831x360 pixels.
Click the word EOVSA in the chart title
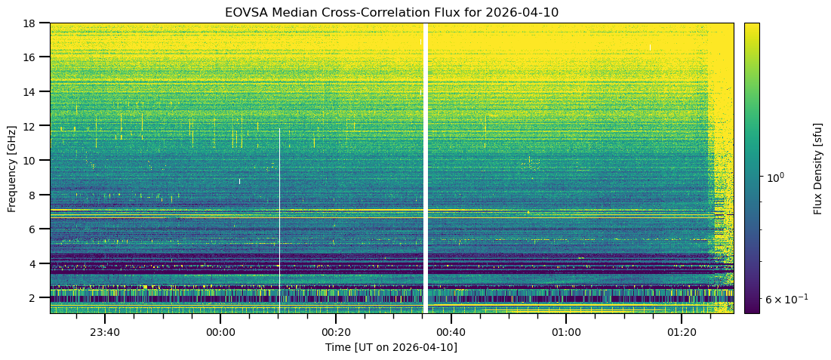point(242,12)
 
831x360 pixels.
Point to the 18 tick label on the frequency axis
point(33,23)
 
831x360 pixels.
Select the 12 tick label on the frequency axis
point(33,126)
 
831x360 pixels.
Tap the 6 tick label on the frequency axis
point(36,229)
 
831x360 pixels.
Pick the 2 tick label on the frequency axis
point(36,298)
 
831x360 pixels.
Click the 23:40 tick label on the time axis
point(105,332)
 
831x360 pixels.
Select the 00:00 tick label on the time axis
point(220,332)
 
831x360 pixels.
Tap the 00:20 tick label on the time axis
point(336,332)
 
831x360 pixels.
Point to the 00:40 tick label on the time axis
point(451,332)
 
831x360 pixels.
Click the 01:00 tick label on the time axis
point(566,332)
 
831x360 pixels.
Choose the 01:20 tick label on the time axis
point(682,332)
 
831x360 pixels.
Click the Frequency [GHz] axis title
point(12,168)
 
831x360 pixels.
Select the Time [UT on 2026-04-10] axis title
point(391,347)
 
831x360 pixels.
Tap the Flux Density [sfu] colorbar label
point(817,168)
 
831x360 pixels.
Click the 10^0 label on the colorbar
point(776,177)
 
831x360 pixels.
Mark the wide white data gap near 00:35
point(426,166)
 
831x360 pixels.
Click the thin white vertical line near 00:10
point(279,219)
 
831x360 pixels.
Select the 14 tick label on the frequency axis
point(33,91)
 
